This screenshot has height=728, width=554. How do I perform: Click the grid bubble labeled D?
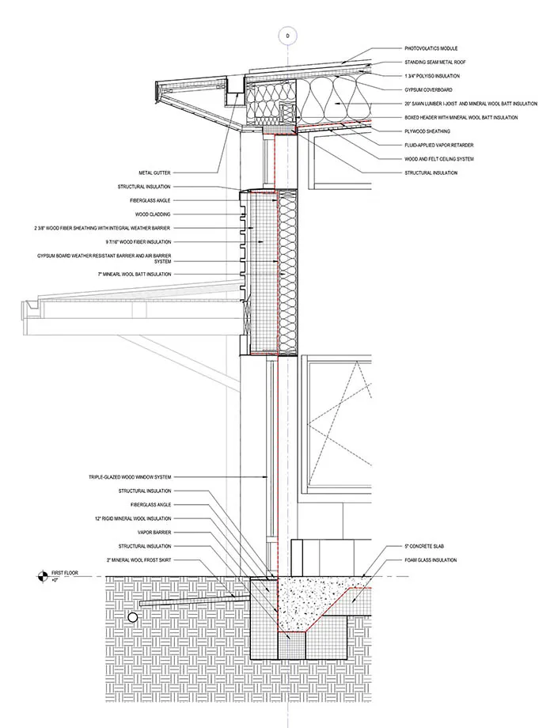click(x=287, y=35)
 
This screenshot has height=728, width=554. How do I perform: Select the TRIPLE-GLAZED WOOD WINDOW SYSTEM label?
click(x=130, y=477)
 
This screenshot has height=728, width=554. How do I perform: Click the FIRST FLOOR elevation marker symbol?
click(x=41, y=577)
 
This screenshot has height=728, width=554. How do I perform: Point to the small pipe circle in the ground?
click(x=134, y=616)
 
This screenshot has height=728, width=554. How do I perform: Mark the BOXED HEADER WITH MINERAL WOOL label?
click(x=456, y=117)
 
